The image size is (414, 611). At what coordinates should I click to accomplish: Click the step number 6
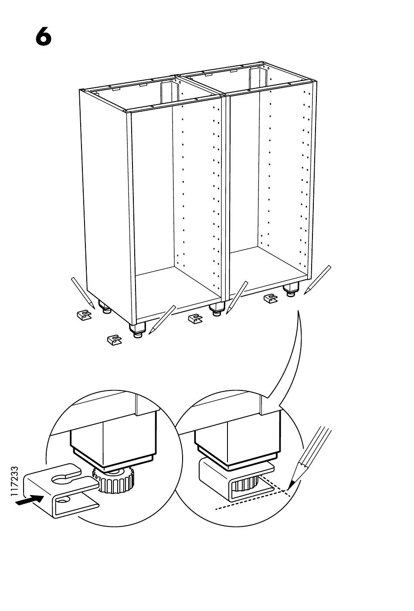point(43,37)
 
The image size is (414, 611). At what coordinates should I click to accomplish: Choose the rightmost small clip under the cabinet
point(271,298)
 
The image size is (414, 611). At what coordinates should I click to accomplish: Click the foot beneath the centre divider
point(216,310)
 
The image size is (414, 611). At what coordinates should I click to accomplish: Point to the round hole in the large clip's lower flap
point(62,499)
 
